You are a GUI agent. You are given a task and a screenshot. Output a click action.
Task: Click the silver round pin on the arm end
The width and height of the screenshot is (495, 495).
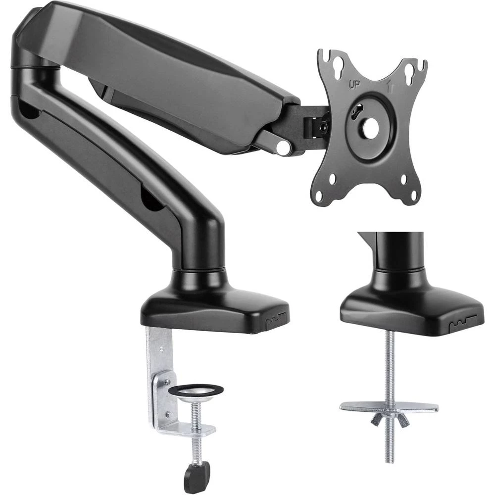[x=283, y=148]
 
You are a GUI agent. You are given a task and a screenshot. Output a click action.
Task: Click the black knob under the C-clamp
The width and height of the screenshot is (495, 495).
[x=194, y=476]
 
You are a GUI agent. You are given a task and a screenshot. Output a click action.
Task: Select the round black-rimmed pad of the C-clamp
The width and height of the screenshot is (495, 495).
[x=196, y=391]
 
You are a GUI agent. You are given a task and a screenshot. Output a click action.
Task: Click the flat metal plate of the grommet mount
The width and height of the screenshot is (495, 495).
[x=389, y=407]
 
